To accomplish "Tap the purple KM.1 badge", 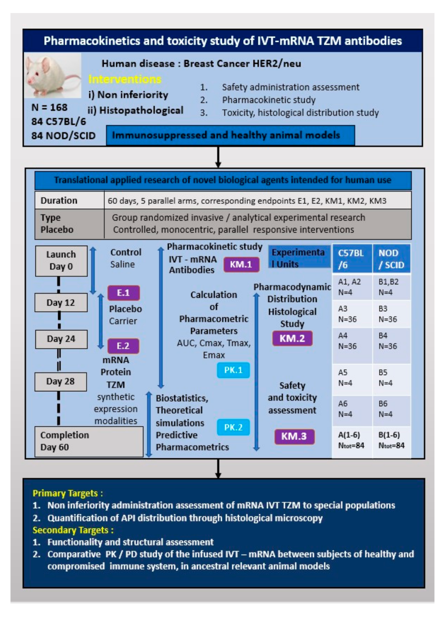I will pos(241,264).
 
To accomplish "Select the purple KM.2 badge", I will pos(292,338).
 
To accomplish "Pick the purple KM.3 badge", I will pos(294,436).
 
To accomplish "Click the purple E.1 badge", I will pos(123,293).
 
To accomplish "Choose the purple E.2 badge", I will pos(123,346).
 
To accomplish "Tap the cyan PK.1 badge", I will pos(233,370).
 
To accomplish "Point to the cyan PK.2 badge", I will pos(233,427).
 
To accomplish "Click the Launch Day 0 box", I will pos(61,261).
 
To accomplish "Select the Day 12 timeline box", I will pos(60,302).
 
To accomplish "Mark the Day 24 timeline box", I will pos(60,339).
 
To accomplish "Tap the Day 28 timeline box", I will pos(60,381).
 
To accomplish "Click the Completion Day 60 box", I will pos(88,441).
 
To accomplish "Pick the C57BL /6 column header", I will pos(352,259).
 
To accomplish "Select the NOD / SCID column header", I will pos(391,259).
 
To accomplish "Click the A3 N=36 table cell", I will pos(352,314).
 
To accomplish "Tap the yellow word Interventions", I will pos(125,79).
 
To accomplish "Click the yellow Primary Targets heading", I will pos(68,493).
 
